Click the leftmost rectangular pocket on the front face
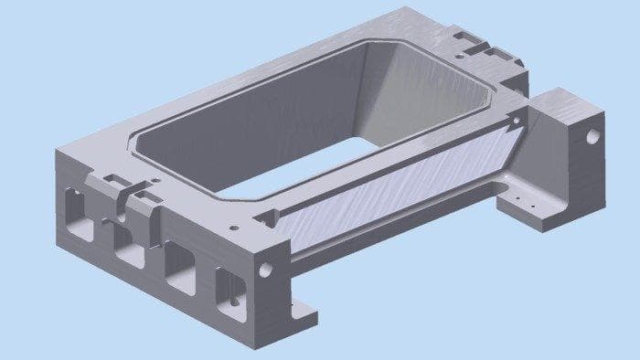click(x=77, y=213)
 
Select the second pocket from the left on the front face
click(x=128, y=240)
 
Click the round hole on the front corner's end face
click(x=266, y=270)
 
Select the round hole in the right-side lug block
click(x=592, y=136)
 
